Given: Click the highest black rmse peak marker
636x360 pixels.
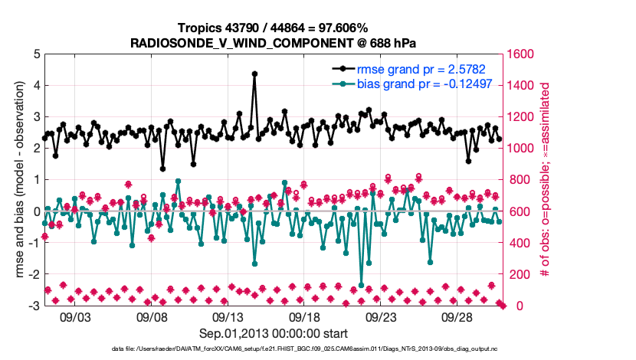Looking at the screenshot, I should point(254,74).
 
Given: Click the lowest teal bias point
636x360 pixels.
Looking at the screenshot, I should point(362,285).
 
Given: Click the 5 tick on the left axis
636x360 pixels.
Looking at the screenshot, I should point(36,54).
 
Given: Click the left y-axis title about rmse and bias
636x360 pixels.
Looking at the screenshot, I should point(19,180).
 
